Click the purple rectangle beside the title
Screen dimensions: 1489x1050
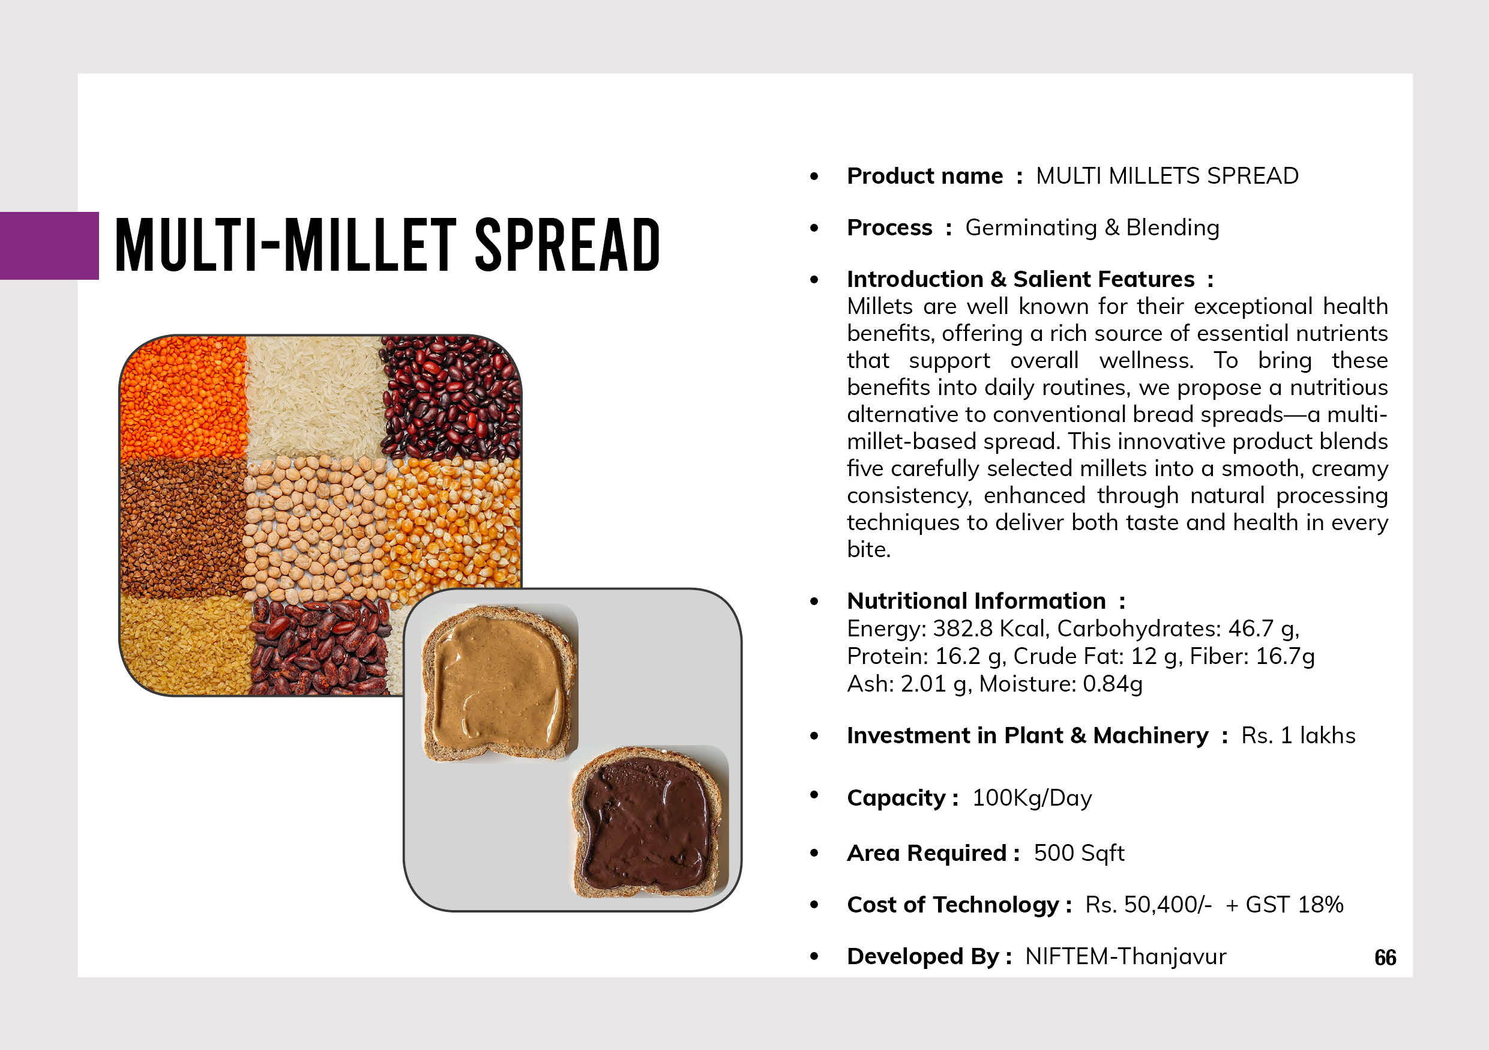tap(49, 246)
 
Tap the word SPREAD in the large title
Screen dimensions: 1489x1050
tap(568, 244)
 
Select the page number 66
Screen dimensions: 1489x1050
tap(1385, 958)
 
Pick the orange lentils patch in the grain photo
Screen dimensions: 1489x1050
tap(184, 397)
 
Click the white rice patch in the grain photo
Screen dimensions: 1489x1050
tap(315, 397)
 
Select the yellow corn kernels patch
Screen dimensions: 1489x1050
tap(454, 525)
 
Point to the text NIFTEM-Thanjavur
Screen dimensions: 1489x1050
tap(1125, 956)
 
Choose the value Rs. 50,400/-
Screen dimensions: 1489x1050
tap(1148, 905)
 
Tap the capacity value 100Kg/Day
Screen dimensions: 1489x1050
tap(1032, 798)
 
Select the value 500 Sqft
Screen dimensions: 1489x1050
tap(1079, 854)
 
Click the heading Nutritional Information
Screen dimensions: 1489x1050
tap(976, 601)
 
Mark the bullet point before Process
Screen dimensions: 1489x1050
tap(814, 228)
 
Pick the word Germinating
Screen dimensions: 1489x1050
tap(1031, 228)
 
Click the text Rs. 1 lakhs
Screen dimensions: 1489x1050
tap(1298, 735)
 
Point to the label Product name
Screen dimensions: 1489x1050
tap(925, 176)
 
